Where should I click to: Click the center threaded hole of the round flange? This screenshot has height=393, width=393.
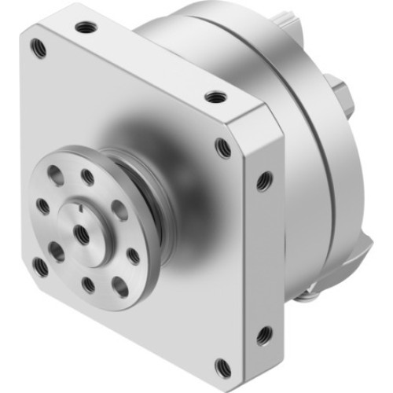[x=82, y=232]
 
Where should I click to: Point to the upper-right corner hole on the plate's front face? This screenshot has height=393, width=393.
[x=223, y=148]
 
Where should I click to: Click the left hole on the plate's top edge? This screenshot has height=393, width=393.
[x=83, y=28]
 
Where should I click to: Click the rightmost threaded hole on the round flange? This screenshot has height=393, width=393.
[x=134, y=255]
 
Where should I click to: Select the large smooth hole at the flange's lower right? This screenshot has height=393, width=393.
[x=119, y=287]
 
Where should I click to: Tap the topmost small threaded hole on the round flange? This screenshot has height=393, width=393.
[x=88, y=178]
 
